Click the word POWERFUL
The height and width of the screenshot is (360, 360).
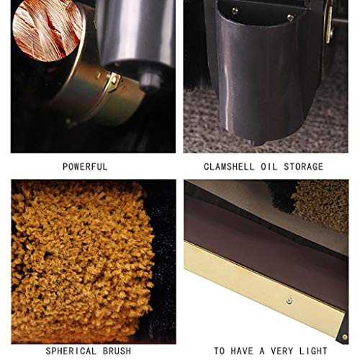click(85, 167)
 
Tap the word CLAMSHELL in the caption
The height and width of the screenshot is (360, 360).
click(229, 167)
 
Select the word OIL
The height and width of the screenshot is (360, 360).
click(269, 167)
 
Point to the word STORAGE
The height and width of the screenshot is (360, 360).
click(304, 167)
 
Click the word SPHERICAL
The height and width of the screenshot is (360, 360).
click(71, 351)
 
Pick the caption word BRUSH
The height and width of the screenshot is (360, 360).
click(117, 351)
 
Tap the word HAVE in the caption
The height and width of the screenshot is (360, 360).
click(242, 351)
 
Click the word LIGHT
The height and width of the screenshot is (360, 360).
click(313, 351)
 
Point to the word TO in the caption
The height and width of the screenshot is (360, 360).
click(220, 351)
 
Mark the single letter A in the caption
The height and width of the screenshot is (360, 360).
click(262, 351)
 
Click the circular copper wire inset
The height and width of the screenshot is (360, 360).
click(48, 30)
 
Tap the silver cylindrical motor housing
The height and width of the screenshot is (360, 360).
click(135, 34)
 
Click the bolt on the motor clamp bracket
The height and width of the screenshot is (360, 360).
click(114, 79)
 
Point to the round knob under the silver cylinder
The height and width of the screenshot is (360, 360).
click(148, 80)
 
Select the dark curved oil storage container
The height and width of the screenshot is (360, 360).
click(261, 74)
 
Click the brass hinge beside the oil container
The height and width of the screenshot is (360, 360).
click(329, 24)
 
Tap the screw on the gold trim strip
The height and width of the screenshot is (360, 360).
click(289, 300)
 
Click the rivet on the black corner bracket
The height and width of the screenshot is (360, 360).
click(345, 337)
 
